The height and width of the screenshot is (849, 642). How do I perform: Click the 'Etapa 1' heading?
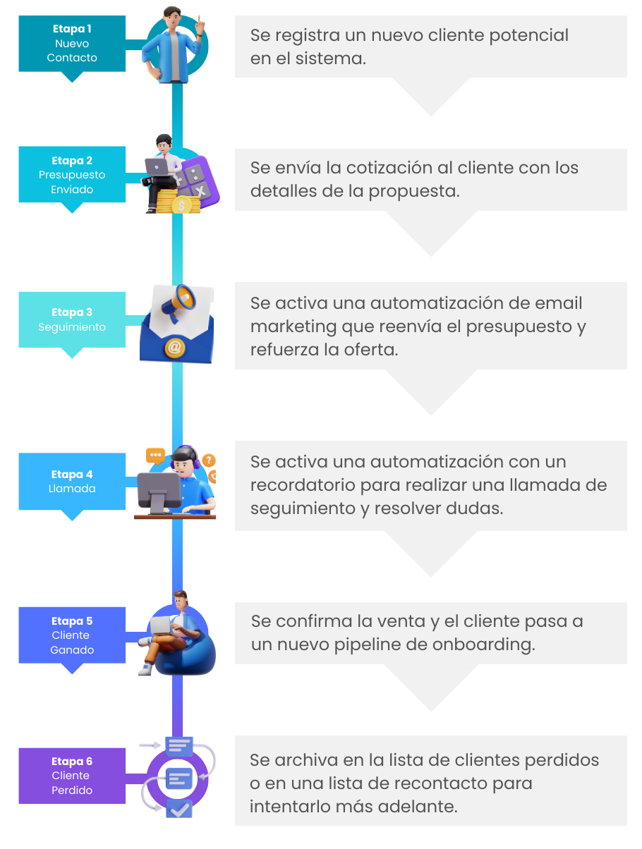point(72,29)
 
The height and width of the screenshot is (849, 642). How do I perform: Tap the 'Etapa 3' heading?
point(72,312)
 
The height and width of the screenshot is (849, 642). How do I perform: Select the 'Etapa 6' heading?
point(72,762)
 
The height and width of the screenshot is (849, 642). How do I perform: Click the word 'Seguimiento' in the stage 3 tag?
point(72,327)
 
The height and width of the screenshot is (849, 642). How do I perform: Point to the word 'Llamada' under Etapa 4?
point(72,489)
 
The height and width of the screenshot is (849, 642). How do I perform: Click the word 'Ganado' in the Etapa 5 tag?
point(72,650)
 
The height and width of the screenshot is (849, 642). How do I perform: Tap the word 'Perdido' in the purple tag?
point(72,790)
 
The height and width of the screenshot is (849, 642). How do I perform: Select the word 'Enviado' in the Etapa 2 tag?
point(72,190)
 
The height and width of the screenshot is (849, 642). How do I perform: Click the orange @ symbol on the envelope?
point(173,348)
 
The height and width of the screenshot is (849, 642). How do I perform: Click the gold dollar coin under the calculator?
point(181,205)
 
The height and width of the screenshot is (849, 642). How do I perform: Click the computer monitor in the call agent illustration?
point(158,487)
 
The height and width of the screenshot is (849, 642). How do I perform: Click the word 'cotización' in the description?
point(366,169)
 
